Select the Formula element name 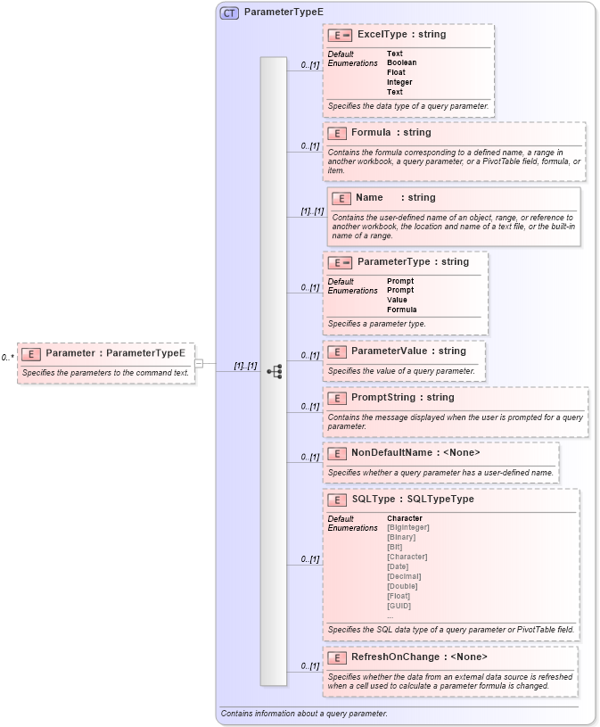(x=371, y=133)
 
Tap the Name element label (x=369, y=198)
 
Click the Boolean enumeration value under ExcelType (x=401, y=63)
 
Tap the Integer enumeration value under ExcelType (x=399, y=82)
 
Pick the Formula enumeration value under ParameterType (x=401, y=310)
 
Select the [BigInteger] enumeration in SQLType (x=408, y=527)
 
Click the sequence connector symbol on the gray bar (x=275, y=371)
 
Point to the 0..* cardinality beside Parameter (x=7, y=358)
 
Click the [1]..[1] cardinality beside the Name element (x=312, y=211)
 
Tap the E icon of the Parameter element (x=31, y=354)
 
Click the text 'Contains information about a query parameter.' (x=304, y=714)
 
